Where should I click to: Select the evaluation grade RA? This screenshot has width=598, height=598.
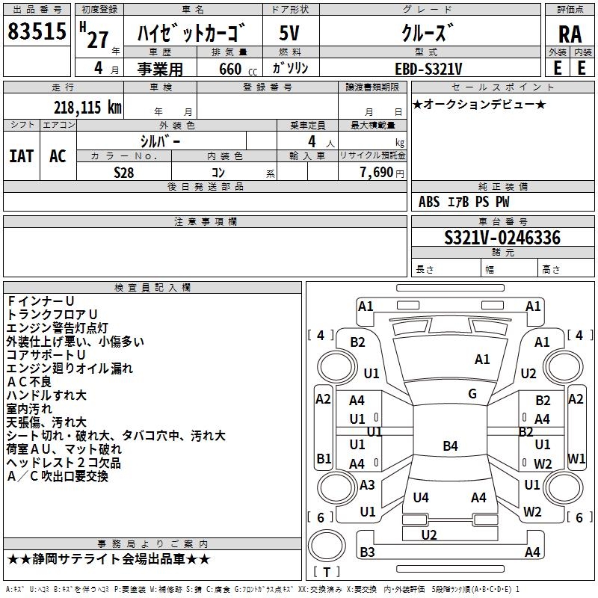coord(570,34)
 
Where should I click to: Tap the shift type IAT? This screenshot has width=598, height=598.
coord(22,155)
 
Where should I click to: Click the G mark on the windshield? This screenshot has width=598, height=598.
coord(472,394)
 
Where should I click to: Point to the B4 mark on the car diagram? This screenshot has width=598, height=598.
coord(450,446)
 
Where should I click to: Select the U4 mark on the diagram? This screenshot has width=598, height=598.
coord(421,497)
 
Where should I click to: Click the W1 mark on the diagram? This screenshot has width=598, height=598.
coord(576,457)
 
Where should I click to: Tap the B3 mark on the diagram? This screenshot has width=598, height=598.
coord(367,552)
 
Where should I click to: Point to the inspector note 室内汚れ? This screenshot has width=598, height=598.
coord(29,408)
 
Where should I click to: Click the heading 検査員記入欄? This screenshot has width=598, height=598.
coord(152,288)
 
